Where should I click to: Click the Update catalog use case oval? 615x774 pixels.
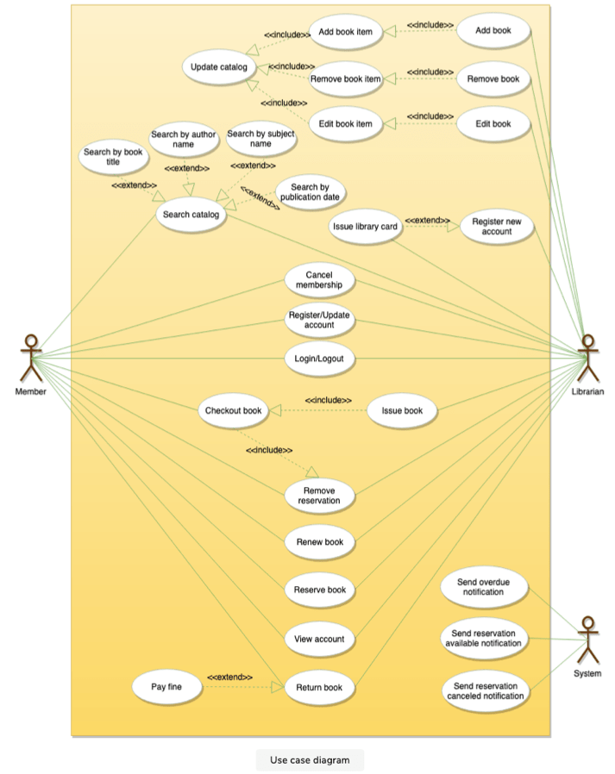(x=218, y=67)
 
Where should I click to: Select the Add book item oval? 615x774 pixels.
(x=345, y=32)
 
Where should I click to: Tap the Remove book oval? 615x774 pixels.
(x=493, y=78)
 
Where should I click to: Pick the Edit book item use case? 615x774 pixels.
(x=345, y=124)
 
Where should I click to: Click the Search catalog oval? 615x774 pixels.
(x=191, y=214)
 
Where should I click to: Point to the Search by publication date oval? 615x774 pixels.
(x=310, y=193)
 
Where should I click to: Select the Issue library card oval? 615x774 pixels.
(x=364, y=227)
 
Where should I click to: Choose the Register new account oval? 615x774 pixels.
(x=497, y=227)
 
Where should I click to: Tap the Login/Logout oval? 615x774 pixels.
(x=319, y=358)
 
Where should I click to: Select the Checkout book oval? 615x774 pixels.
(x=233, y=411)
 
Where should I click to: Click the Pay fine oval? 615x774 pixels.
(x=169, y=687)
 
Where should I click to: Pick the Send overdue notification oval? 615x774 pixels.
(x=482, y=588)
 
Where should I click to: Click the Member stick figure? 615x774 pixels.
(x=31, y=358)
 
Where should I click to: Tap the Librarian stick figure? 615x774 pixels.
(x=588, y=358)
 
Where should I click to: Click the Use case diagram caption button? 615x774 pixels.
(x=310, y=759)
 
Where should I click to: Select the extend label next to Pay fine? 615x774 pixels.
(x=229, y=677)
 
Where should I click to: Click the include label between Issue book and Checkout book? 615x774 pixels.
(x=328, y=400)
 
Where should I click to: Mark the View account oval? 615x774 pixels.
(x=319, y=639)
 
